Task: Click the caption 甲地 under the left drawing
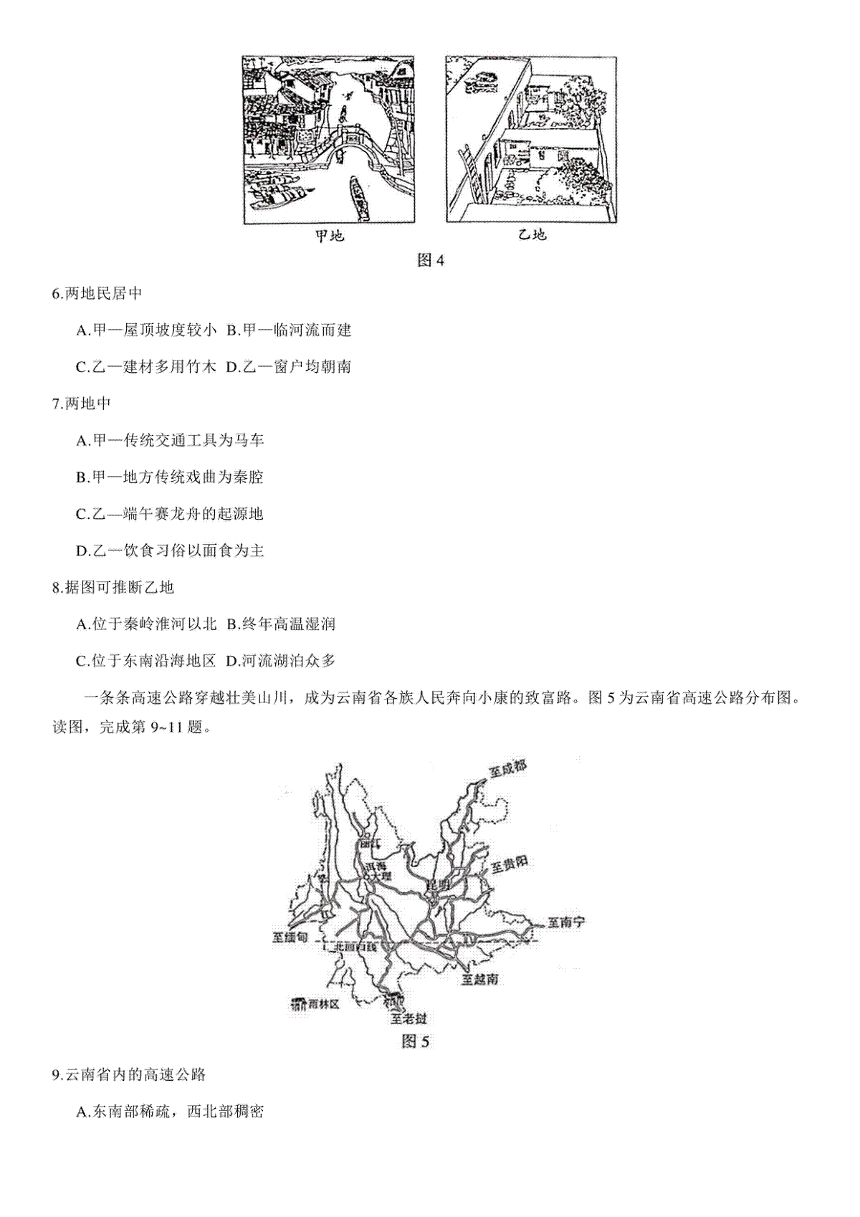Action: click(x=330, y=236)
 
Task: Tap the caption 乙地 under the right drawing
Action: click(x=532, y=235)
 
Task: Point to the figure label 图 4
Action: click(x=431, y=261)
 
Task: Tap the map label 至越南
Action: click(x=479, y=978)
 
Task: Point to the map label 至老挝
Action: click(x=408, y=1018)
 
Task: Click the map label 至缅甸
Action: click(x=290, y=937)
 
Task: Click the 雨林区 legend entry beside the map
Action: click(x=315, y=1004)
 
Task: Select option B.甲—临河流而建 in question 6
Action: click(x=289, y=330)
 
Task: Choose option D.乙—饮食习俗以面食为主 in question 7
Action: click(x=170, y=550)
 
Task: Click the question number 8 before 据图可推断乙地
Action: click(x=57, y=588)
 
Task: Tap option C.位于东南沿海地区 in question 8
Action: click(x=145, y=661)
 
